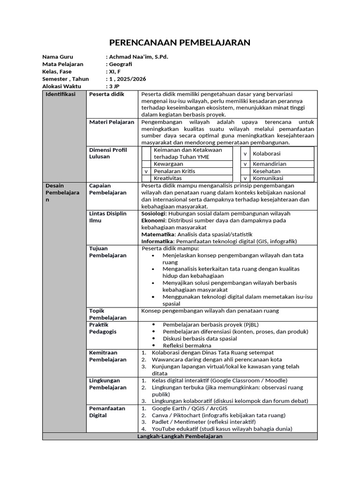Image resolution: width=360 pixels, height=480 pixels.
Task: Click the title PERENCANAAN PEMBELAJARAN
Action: [x=180, y=43]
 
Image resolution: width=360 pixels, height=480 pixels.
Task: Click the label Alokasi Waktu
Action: [x=62, y=87]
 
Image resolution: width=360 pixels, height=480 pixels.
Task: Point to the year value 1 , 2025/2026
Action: [x=127, y=79]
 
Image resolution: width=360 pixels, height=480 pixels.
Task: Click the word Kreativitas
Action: [x=168, y=179]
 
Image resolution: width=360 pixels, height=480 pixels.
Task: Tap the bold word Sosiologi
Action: [x=153, y=213]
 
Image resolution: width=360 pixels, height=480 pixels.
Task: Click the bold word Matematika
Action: [x=158, y=234]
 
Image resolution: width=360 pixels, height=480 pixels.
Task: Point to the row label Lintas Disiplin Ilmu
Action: [x=108, y=217]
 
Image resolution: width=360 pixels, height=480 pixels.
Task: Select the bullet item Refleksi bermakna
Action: [x=187, y=345]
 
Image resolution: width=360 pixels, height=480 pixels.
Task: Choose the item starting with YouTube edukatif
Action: [x=222, y=429]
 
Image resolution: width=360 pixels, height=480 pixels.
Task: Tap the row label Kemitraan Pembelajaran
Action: [x=108, y=356]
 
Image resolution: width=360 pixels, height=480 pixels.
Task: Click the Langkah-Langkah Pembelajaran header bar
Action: [x=180, y=436]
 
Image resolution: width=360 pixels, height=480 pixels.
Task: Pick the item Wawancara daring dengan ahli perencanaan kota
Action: [x=210, y=360]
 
